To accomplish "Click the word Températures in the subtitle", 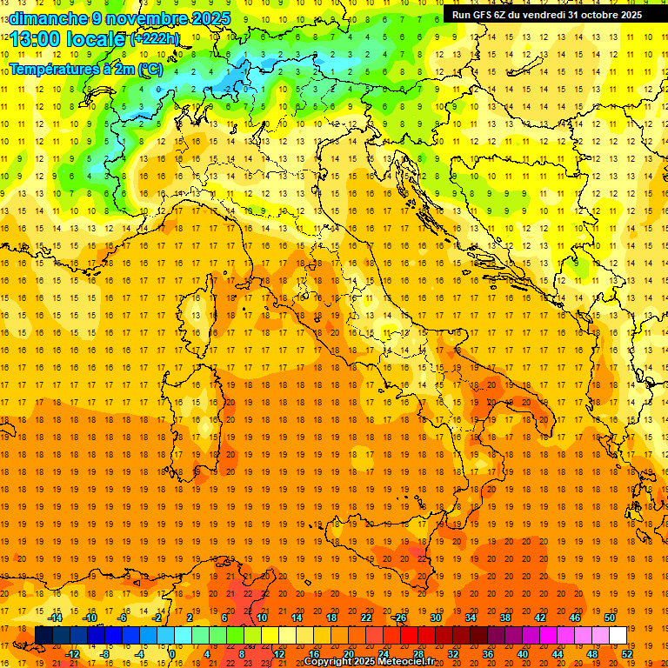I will (53, 69).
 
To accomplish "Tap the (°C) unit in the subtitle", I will (150, 69).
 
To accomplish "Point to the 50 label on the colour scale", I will (610, 618).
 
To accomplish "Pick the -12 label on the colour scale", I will (73, 654).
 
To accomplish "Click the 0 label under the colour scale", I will (172, 654).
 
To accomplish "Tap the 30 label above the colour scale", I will (436, 618).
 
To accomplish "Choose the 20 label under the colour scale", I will (348, 654).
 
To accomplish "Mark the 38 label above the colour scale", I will (505, 618).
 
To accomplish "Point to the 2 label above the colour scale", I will (190, 618).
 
